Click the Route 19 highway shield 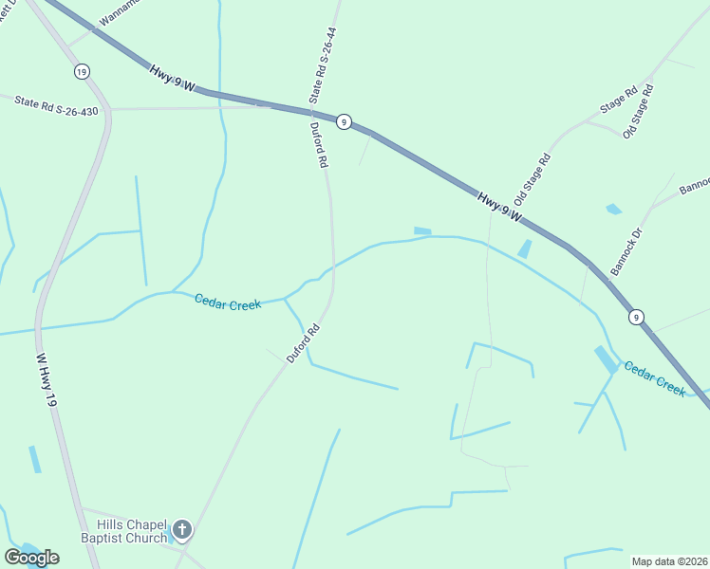pos(83,71)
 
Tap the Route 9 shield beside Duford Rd pos(344,121)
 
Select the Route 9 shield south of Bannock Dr pos(635,318)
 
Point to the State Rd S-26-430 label pos(56,104)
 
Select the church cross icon pos(181,530)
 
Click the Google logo pos(31,558)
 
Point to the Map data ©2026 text pos(670,561)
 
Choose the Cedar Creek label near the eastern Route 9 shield pos(654,377)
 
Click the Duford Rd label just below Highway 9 pos(318,145)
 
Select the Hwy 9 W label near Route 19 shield pos(172,78)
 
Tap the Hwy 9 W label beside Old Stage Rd pos(499,208)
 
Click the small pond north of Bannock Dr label pos(614,209)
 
